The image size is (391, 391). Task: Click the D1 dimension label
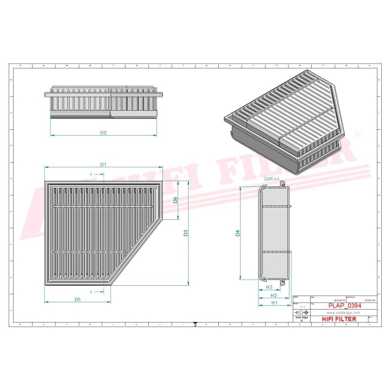103,164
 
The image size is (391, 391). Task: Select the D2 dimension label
103,133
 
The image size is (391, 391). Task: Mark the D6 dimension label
175,200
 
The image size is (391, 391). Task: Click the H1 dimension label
274,303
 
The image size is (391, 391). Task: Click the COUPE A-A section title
272,178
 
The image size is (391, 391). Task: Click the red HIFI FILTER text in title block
339,319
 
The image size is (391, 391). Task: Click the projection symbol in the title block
299,313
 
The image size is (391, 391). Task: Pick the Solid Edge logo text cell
300,320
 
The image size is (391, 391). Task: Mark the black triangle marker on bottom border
195,325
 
